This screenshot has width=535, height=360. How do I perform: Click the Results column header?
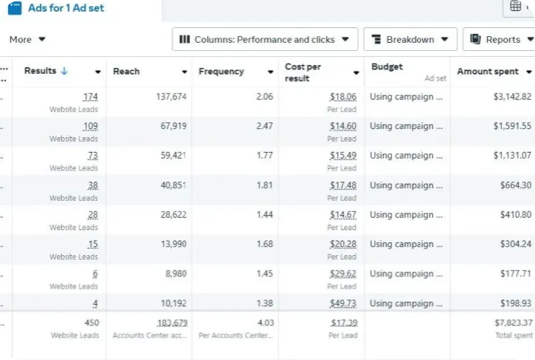(40, 72)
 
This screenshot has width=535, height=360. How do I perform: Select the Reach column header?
(126, 72)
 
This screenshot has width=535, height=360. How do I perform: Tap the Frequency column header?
(221, 72)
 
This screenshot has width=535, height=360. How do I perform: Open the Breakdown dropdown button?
(410, 40)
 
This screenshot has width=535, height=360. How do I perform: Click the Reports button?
(498, 40)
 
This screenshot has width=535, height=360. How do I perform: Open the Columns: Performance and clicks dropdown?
(265, 40)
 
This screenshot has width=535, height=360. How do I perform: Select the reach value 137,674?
(170, 97)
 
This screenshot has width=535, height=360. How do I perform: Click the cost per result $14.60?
(343, 126)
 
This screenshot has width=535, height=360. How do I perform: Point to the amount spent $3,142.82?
(512, 97)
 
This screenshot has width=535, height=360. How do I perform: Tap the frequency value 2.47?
(264, 126)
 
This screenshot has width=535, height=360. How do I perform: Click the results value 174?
(90, 97)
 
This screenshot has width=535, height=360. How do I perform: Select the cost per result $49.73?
(343, 303)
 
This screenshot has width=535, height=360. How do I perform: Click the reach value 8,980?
(174, 274)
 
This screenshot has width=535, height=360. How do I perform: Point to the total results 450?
(92, 323)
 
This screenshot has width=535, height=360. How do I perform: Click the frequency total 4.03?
(264, 323)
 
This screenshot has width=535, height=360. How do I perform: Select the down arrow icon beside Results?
(64, 72)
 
